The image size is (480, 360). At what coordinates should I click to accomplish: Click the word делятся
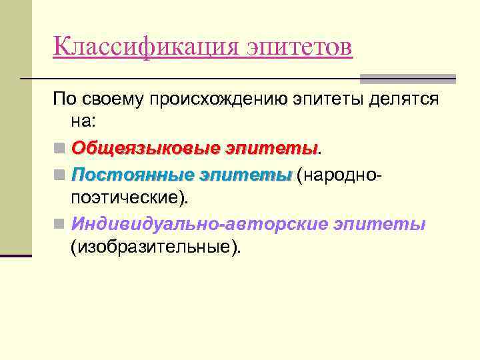pyautogui.click(x=406, y=100)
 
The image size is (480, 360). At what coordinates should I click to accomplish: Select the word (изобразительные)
pyautogui.click(x=157, y=247)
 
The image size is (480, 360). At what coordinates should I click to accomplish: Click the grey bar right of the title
pyautogui.click(x=407, y=78)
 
